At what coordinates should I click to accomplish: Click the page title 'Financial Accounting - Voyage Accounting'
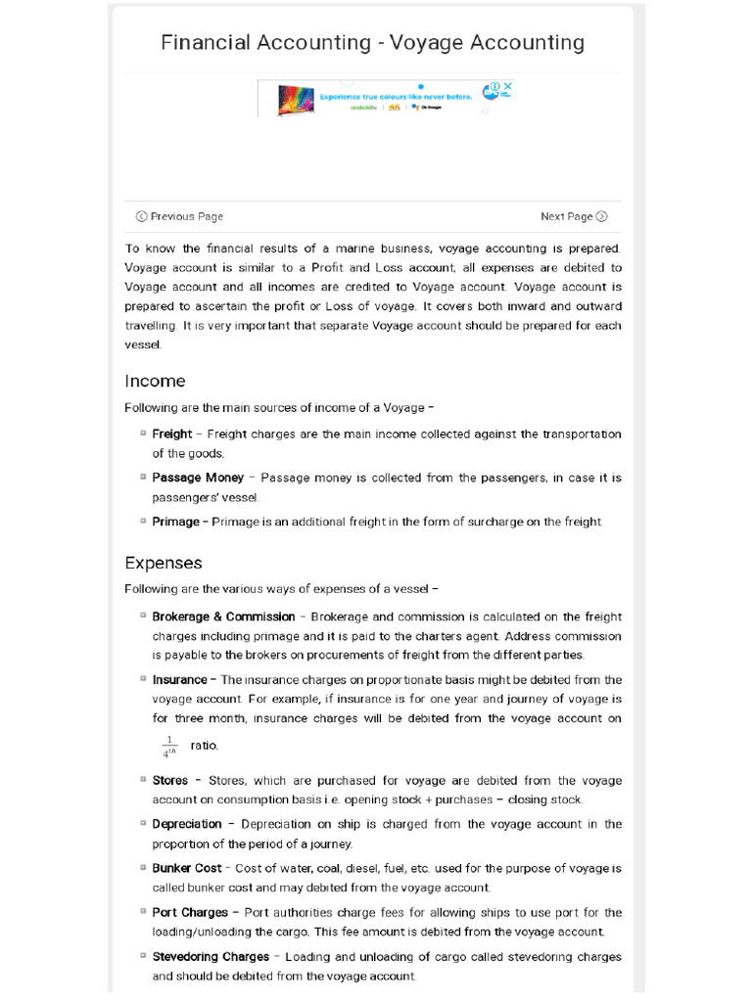pos(372,42)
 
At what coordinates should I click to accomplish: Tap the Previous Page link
pos(179,216)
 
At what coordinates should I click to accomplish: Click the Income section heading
pos(155,381)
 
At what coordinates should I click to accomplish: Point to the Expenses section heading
pos(164,563)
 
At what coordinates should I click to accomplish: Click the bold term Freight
pos(171,433)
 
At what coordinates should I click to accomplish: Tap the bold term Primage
pos(175,522)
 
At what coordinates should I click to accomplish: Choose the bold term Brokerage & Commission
pos(223,616)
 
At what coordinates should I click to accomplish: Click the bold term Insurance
pos(179,679)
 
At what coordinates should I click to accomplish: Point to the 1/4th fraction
pos(168,747)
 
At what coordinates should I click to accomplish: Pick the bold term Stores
pos(170,781)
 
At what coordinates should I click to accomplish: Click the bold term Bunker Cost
pos(187,868)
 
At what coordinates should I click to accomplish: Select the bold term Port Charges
pos(190,912)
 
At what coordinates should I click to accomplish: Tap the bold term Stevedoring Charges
pos(211,956)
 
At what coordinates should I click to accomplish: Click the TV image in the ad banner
pos(292,99)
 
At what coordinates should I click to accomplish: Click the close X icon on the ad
pos(507,87)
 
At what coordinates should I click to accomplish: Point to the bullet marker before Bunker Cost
pos(143,867)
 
